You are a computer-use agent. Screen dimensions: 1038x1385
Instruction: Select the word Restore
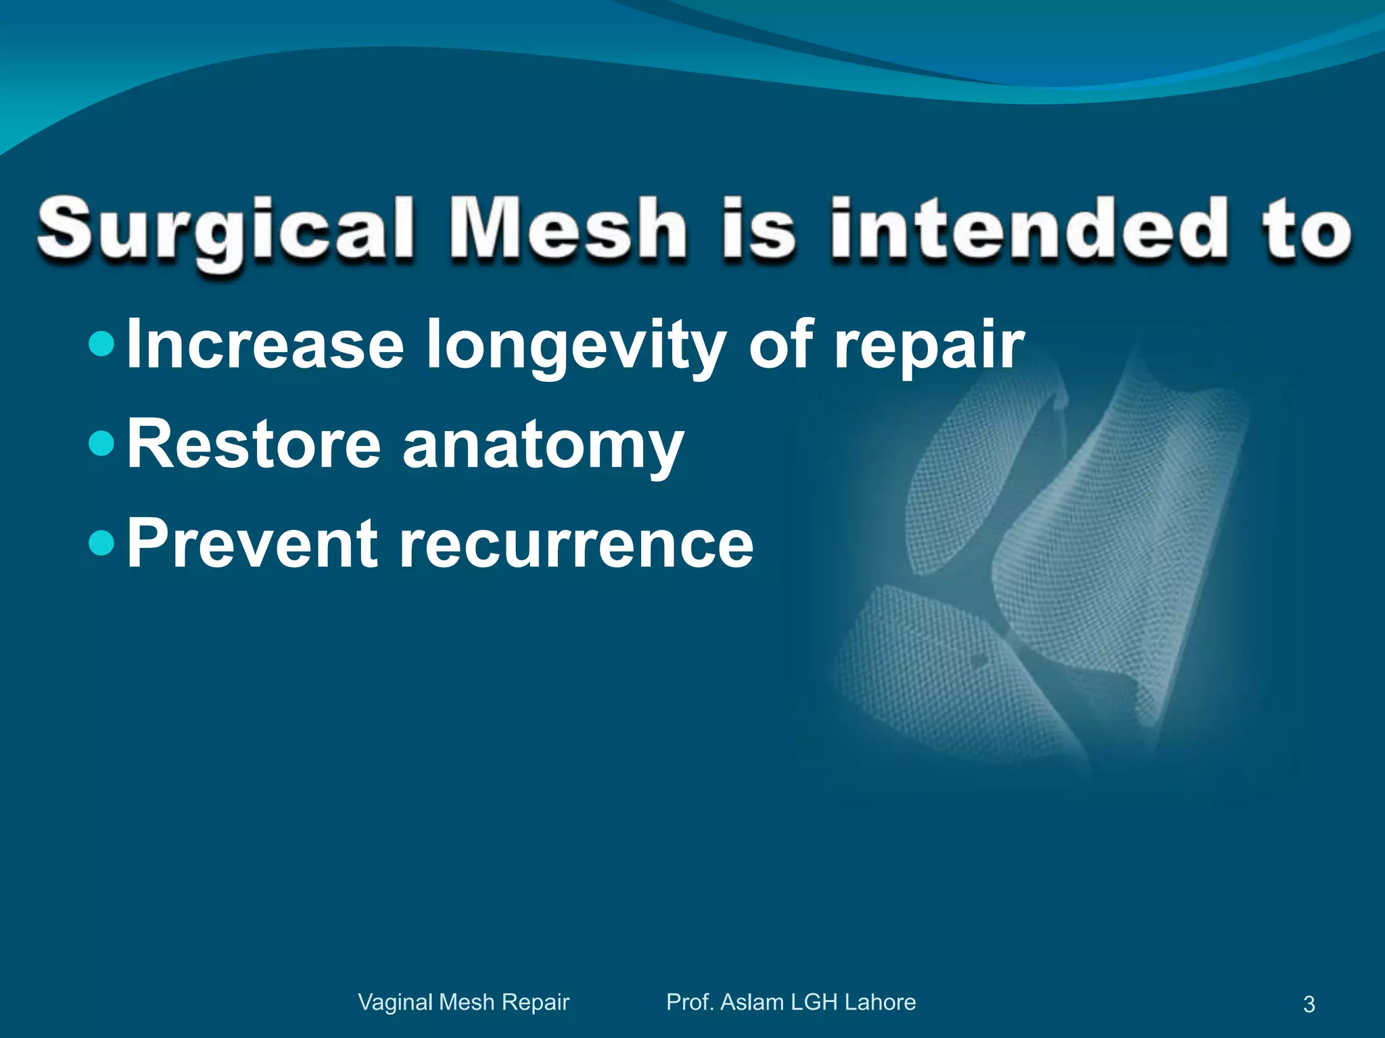(254, 445)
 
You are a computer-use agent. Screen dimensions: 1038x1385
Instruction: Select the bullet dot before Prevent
(102, 543)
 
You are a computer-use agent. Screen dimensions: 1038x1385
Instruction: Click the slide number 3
(1309, 1004)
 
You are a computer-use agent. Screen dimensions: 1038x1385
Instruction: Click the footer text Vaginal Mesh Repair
(463, 1002)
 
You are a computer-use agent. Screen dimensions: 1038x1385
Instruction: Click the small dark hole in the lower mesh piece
(978, 659)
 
